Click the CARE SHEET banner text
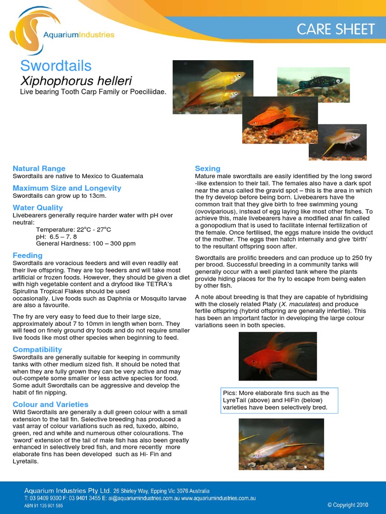(336, 29)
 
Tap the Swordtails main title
(56, 66)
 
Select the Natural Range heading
(39, 168)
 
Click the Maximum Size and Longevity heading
(67, 188)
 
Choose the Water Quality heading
(38, 207)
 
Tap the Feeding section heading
(27, 255)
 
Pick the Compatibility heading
(37, 349)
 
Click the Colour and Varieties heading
(50, 404)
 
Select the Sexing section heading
(208, 168)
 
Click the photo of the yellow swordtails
(213, 86)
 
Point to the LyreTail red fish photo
(277, 356)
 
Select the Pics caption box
(279, 400)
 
